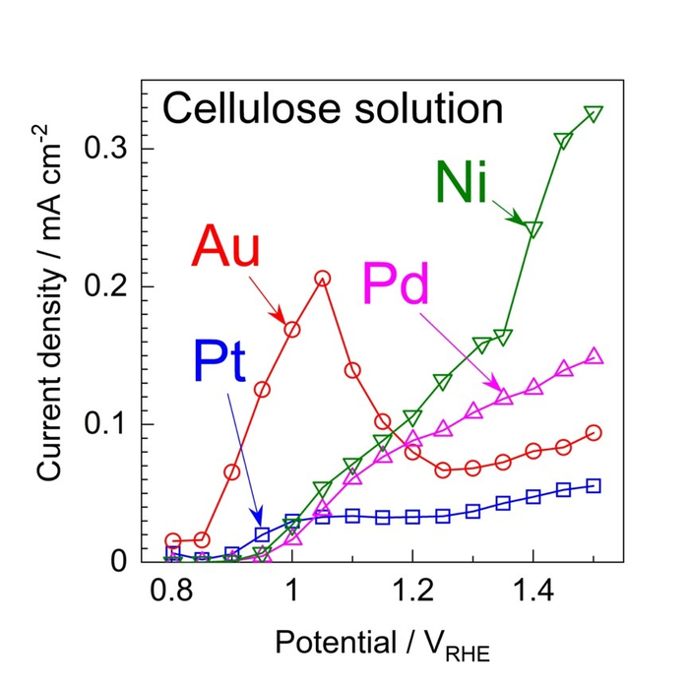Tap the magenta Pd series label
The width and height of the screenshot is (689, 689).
click(397, 284)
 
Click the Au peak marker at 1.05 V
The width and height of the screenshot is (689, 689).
click(322, 279)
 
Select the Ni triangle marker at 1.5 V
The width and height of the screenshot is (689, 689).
click(594, 114)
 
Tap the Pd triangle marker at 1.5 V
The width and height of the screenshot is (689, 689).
click(594, 356)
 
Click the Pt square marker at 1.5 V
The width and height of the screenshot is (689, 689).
click(594, 485)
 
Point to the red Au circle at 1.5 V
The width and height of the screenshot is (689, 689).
click(594, 433)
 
